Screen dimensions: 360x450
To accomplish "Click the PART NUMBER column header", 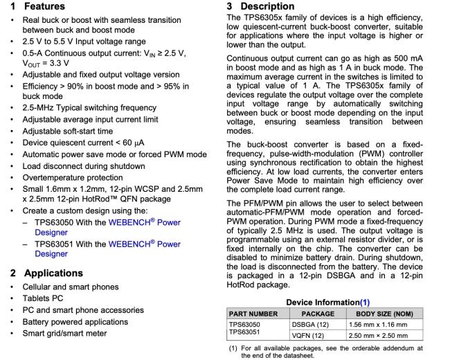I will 253,314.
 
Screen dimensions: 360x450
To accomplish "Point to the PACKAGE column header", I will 312,314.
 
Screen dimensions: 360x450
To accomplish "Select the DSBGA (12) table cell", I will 307,324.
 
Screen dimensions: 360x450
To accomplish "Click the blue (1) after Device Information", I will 365,302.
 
